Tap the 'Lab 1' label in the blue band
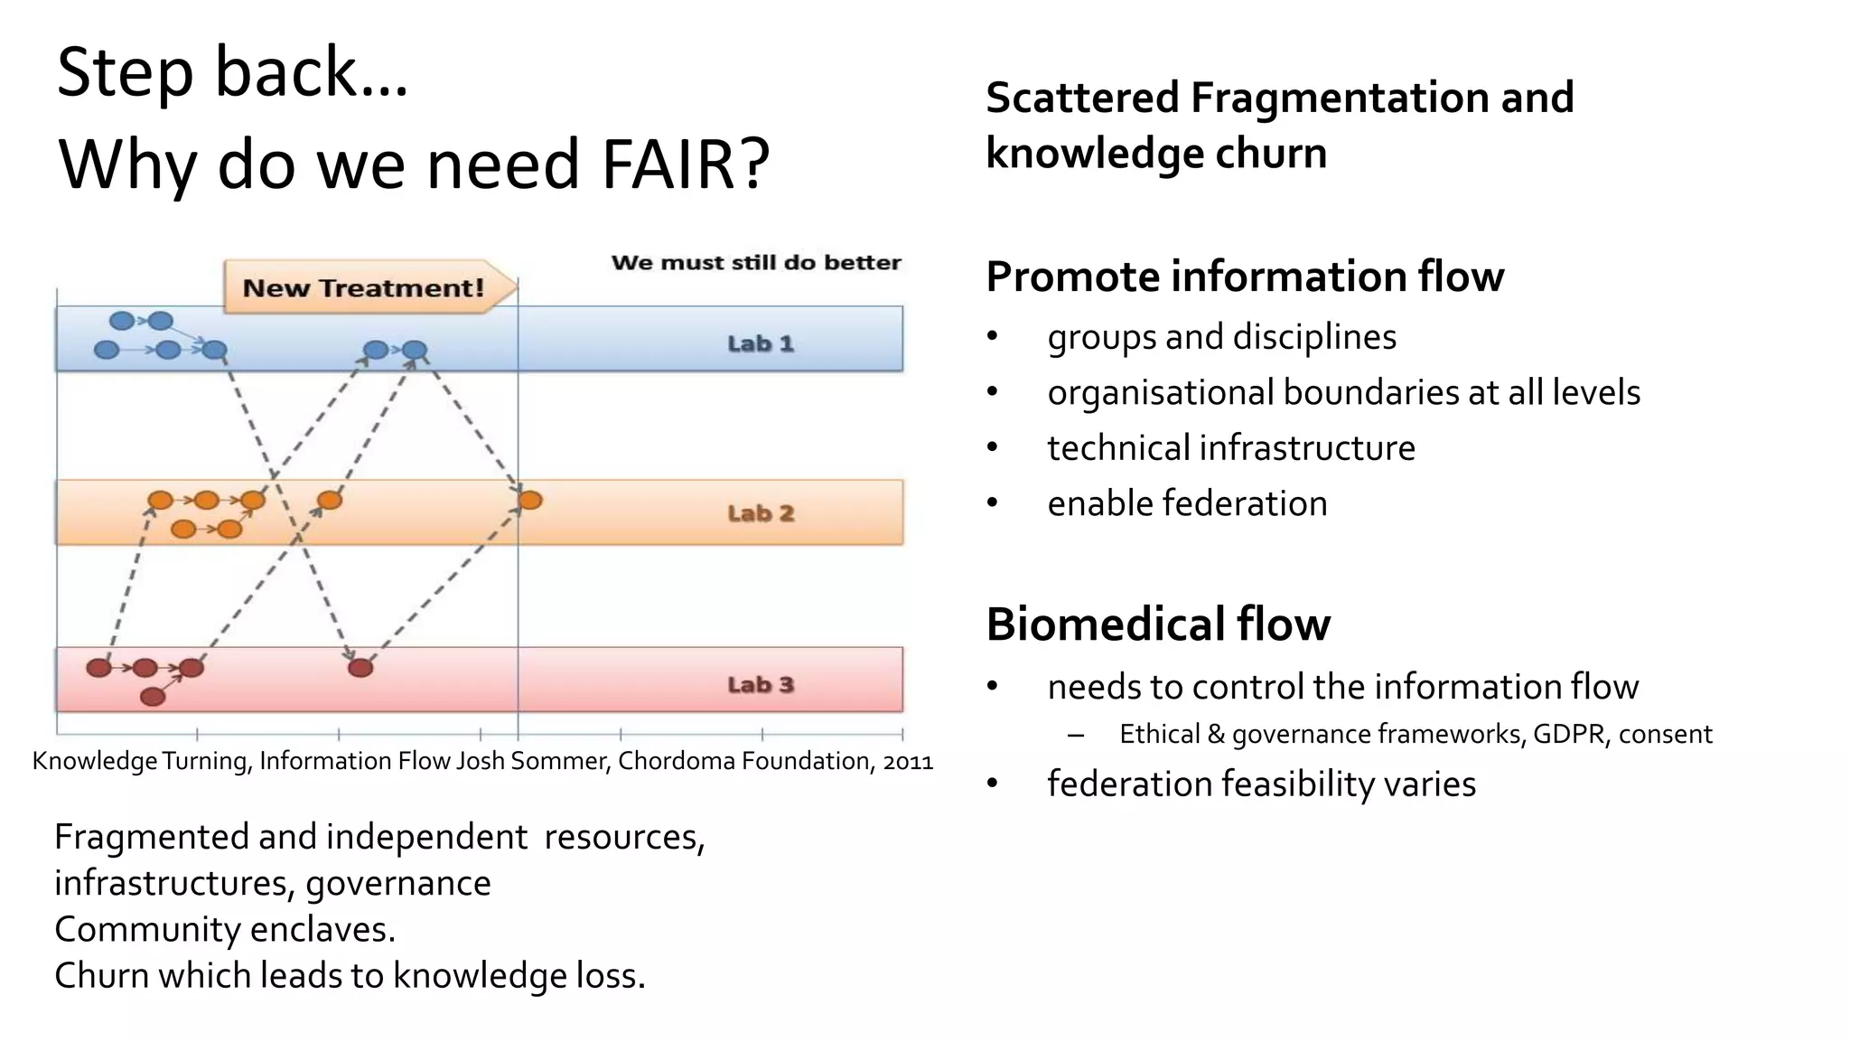(761, 343)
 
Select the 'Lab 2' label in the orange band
(761, 513)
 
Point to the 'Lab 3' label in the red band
(761, 684)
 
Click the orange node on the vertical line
(530, 500)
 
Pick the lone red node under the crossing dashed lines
(360, 668)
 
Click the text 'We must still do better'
(756, 263)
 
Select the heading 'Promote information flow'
(1244, 277)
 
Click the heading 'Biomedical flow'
(1158, 624)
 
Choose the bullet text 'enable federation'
(1187, 503)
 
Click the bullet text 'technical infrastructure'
(1230, 448)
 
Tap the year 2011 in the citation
(908, 762)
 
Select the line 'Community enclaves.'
(225, 929)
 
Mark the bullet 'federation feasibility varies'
(1261, 784)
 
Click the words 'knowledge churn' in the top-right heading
(1156, 153)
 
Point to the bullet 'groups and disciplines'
(1221, 337)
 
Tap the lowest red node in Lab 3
(153, 697)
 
